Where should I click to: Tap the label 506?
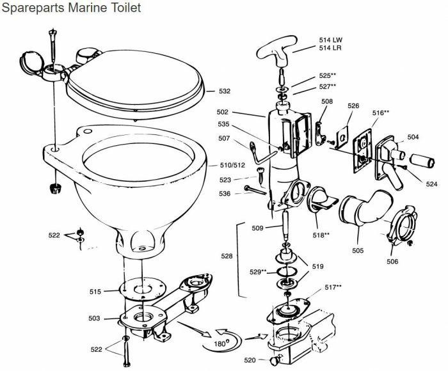coord(392,262)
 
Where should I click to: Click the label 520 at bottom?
coord(250,361)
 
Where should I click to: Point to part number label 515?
coord(95,292)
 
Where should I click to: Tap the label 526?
coord(354,106)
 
